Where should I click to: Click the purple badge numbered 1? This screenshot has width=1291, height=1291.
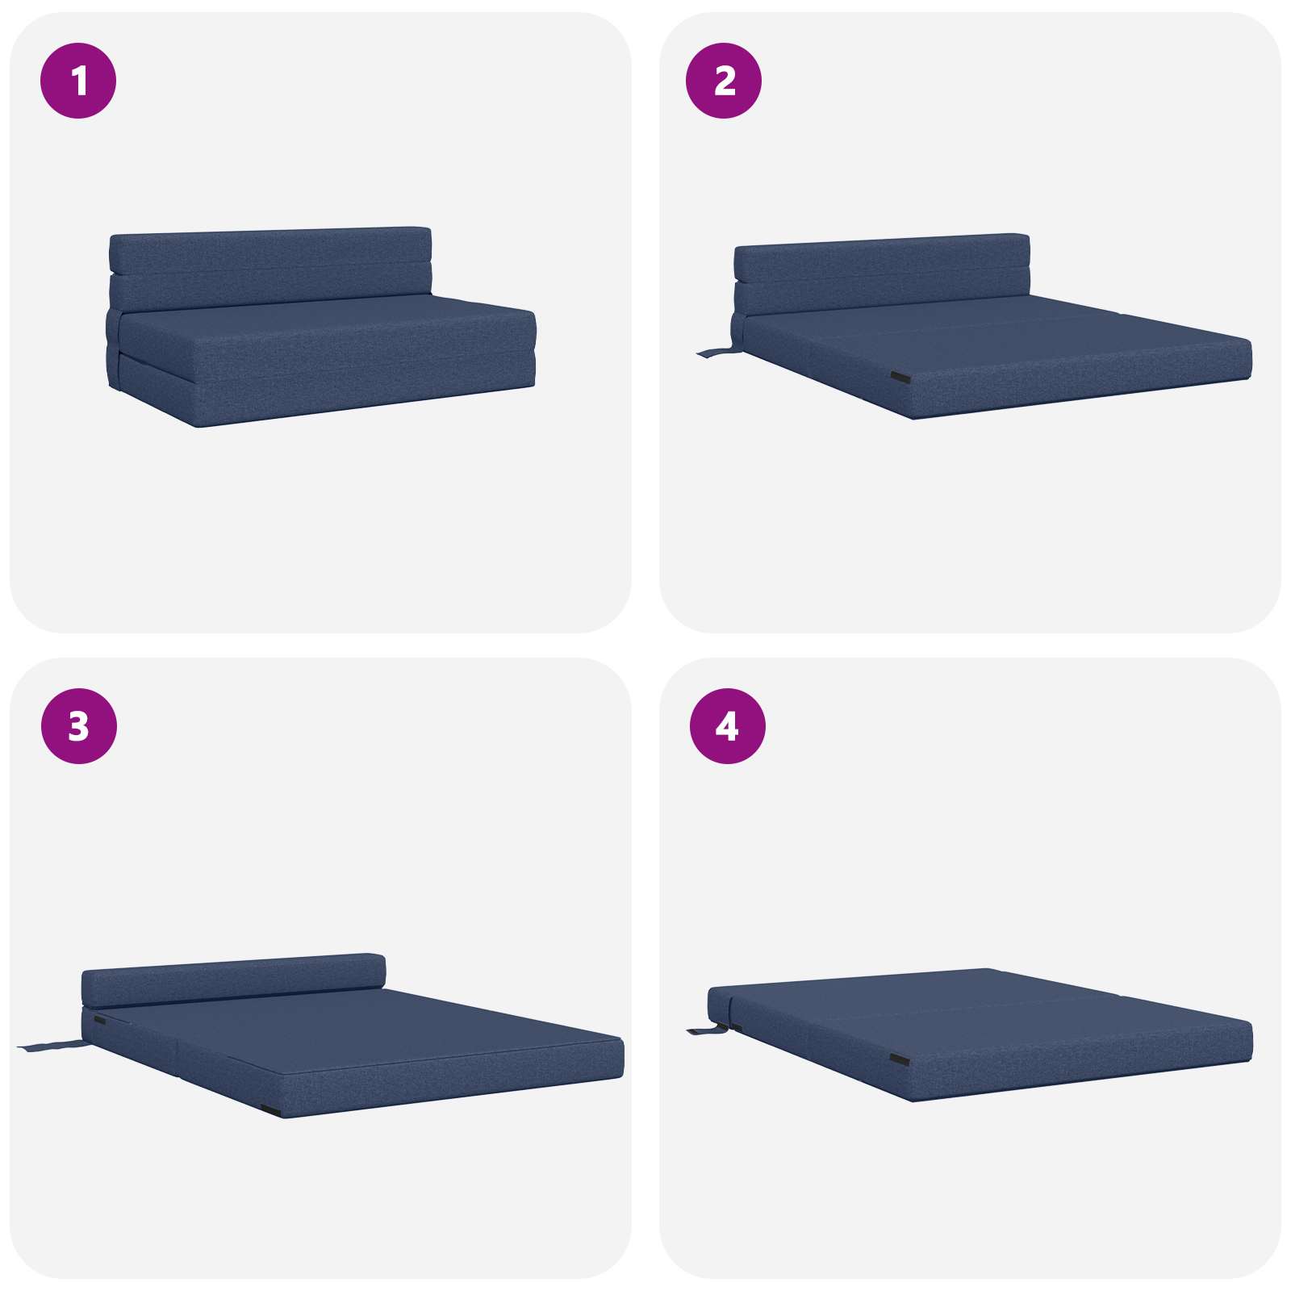coord(78,81)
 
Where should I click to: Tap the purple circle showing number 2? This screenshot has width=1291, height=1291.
coord(724,81)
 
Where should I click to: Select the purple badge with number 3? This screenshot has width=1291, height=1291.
coord(78,726)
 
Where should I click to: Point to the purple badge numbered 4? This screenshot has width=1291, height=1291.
coord(727,726)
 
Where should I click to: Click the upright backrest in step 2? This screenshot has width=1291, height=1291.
coord(882,274)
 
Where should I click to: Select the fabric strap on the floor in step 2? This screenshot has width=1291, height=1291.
coord(717,352)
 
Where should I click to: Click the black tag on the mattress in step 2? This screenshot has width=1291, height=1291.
coord(900,378)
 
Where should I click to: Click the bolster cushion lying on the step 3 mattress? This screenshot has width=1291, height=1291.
coord(234,980)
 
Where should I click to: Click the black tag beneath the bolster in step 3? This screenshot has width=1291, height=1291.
coord(99,1021)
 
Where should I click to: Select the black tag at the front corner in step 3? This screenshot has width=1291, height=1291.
coord(271,1110)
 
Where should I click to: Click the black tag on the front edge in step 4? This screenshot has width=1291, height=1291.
coord(900,1058)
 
